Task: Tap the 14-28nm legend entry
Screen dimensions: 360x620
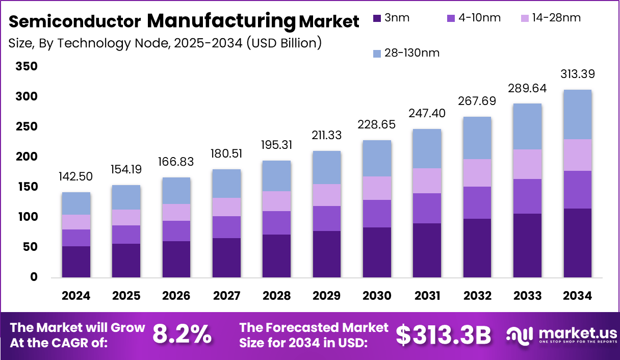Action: click(x=551, y=18)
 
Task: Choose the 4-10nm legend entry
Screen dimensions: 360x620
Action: click(x=474, y=18)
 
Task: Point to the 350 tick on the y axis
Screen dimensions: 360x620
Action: click(x=27, y=66)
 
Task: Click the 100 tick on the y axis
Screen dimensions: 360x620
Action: click(x=27, y=217)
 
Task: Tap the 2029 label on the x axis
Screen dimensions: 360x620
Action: click(x=327, y=296)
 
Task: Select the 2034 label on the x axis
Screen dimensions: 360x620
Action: click(x=578, y=296)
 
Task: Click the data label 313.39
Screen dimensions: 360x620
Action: click(x=578, y=74)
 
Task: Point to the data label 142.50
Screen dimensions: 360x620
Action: click(x=76, y=176)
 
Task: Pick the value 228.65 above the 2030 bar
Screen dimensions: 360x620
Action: click(x=377, y=125)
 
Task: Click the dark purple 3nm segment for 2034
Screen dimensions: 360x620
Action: click(x=578, y=243)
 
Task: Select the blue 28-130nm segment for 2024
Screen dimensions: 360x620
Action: click(x=76, y=203)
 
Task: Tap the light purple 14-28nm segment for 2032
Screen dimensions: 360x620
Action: click(x=477, y=173)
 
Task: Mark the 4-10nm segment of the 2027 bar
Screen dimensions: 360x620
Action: click(x=226, y=227)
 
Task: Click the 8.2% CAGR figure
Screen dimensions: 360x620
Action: click(x=182, y=335)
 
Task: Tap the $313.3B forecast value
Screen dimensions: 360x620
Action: click(x=443, y=335)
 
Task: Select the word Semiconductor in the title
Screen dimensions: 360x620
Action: click(x=75, y=21)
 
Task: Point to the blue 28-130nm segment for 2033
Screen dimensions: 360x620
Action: click(x=527, y=126)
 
